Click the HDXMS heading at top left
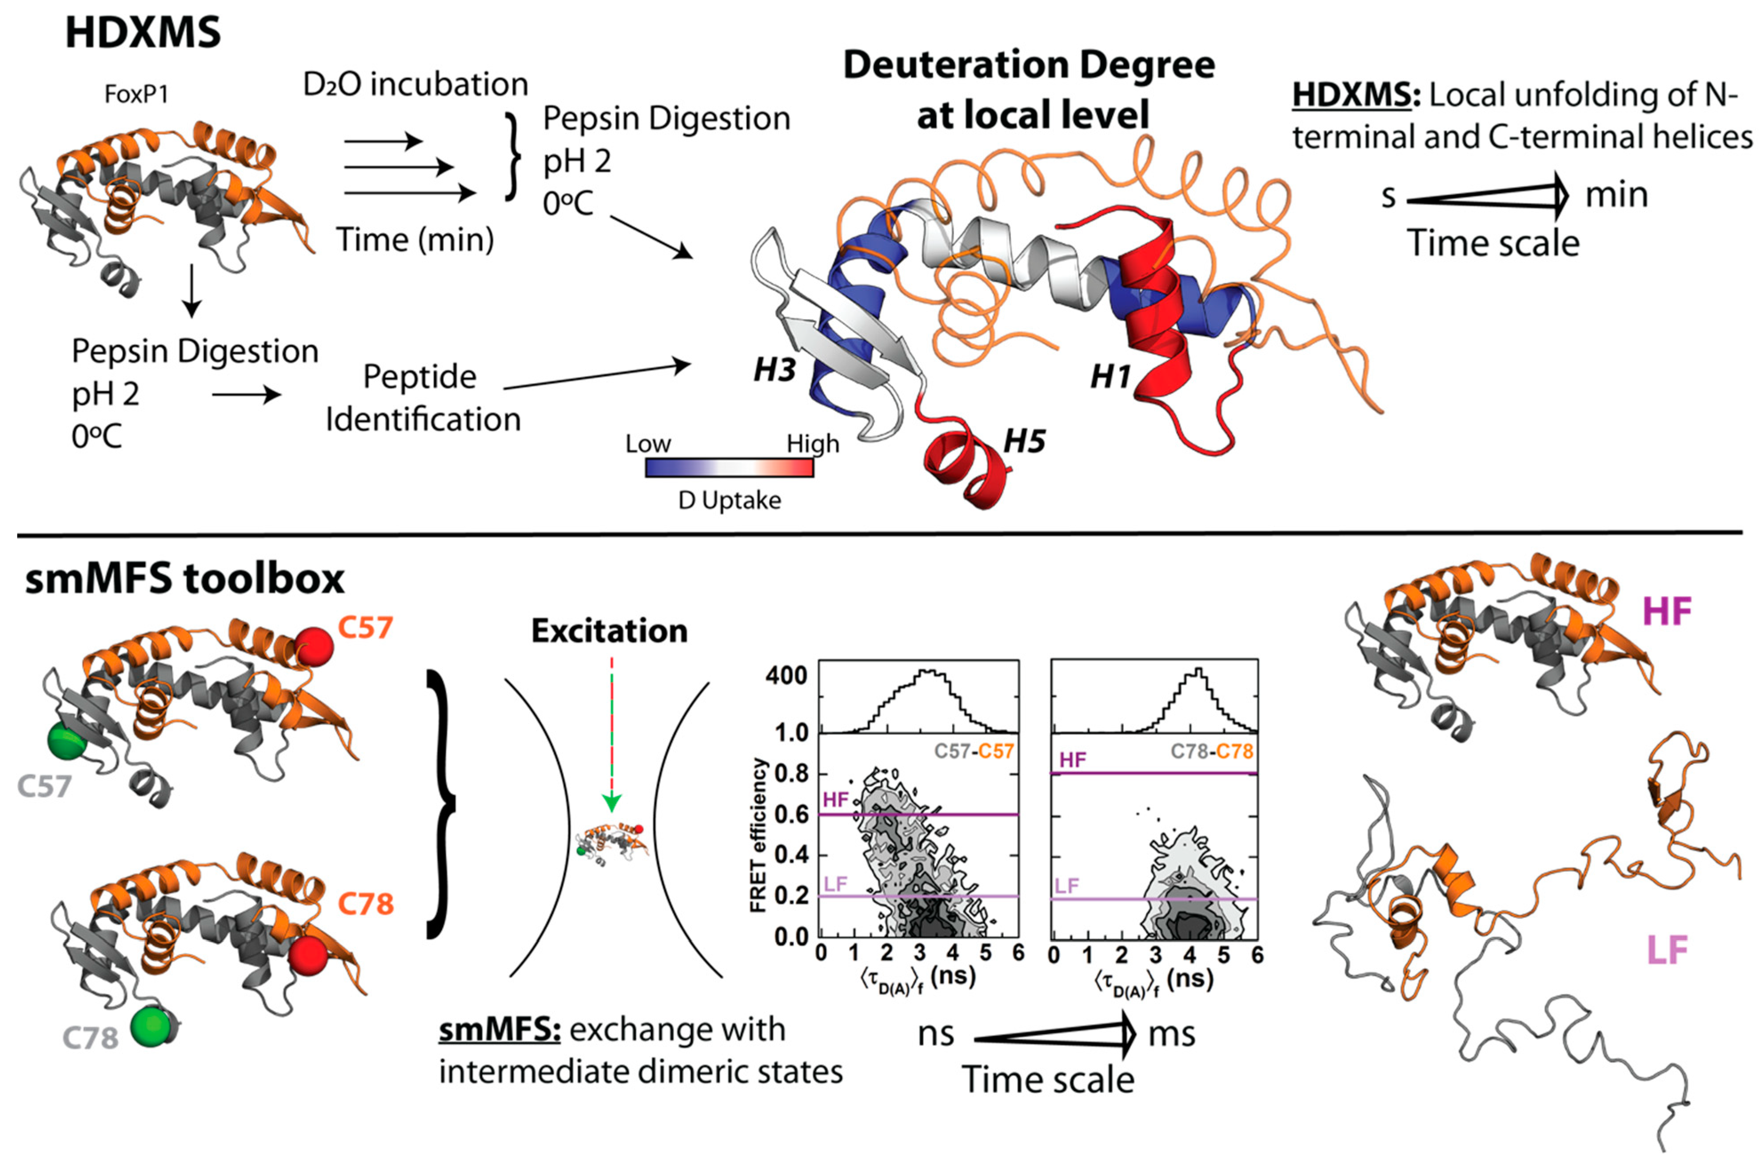pyautogui.click(x=143, y=33)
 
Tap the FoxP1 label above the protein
pyautogui.click(x=136, y=95)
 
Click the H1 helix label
pyautogui.click(x=1111, y=377)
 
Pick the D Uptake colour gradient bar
pyautogui.click(x=729, y=468)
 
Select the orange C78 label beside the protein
pyautogui.click(x=365, y=904)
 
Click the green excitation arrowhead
pyautogui.click(x=611, y=803)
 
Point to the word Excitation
pyautogui.click(x=609, y=632)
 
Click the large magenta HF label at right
pyautogui.click(x=1666, y=612)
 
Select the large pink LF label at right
pyautogui.click(x=1666, y=950)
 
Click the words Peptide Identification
pyautogui.click(x=423, y=398)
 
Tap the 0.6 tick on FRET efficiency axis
pyautogui.click(x=791, y=815)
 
